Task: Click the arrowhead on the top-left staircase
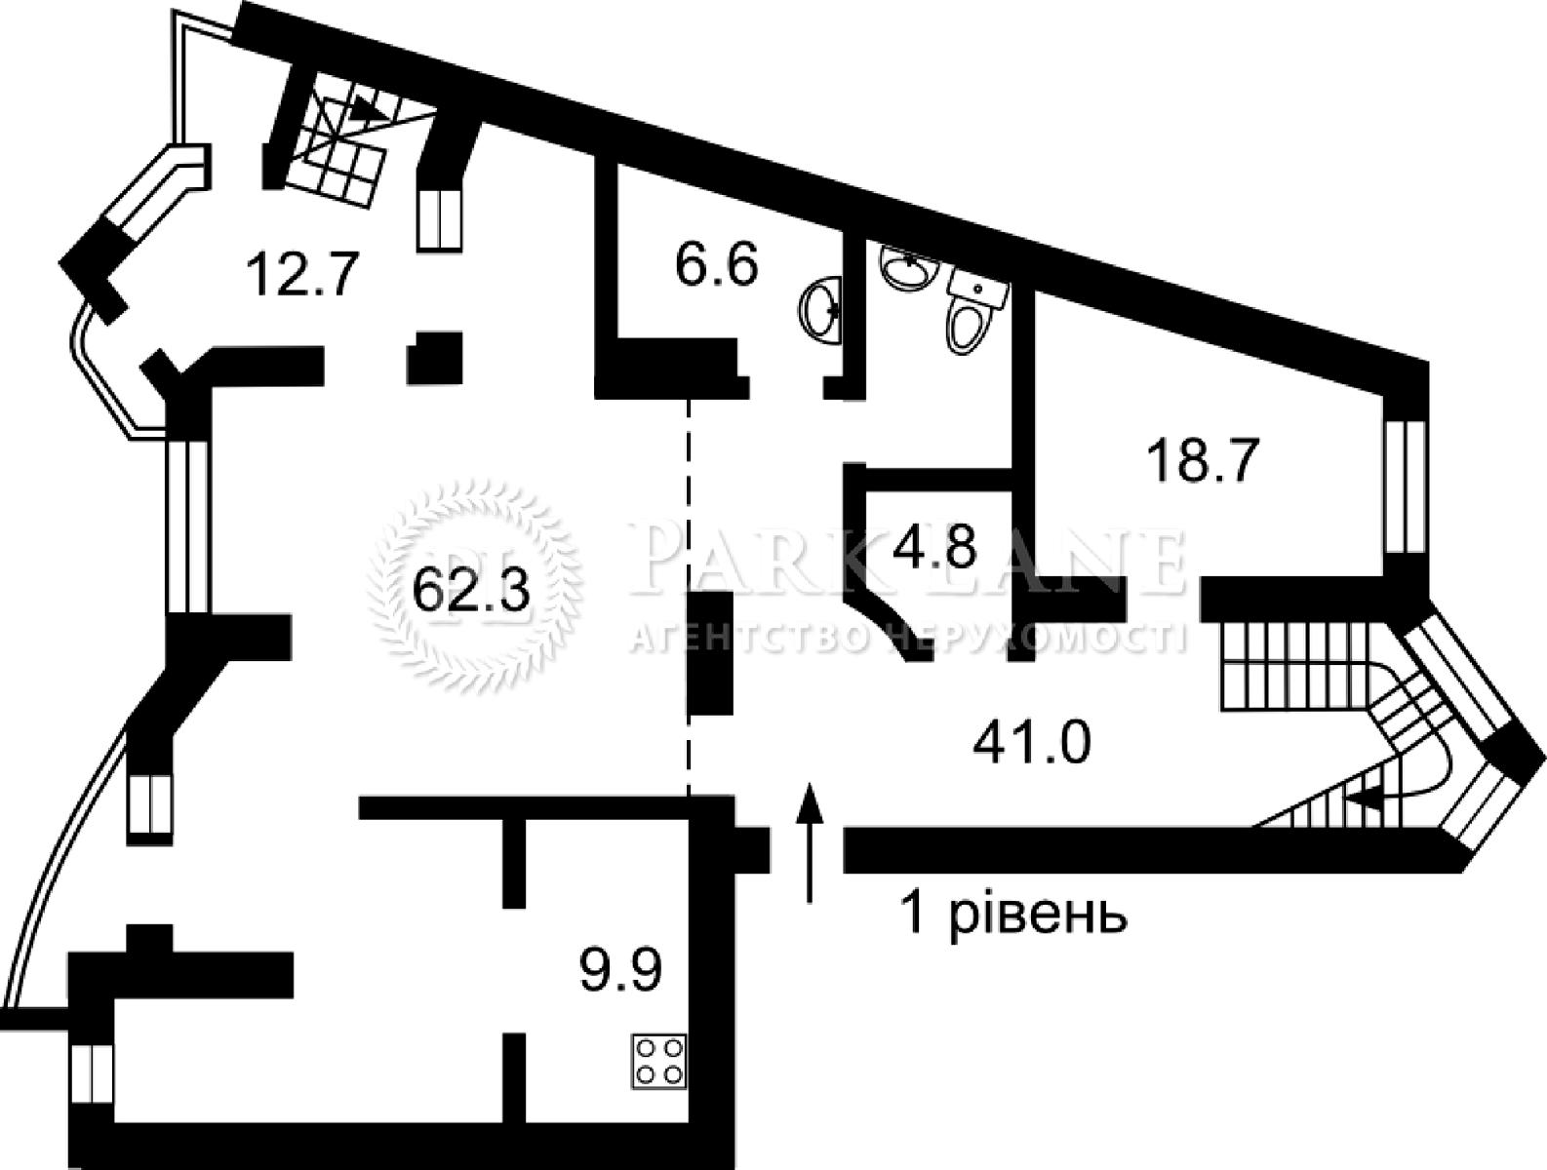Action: coord(370,108)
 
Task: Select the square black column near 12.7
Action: coord(434,358)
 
